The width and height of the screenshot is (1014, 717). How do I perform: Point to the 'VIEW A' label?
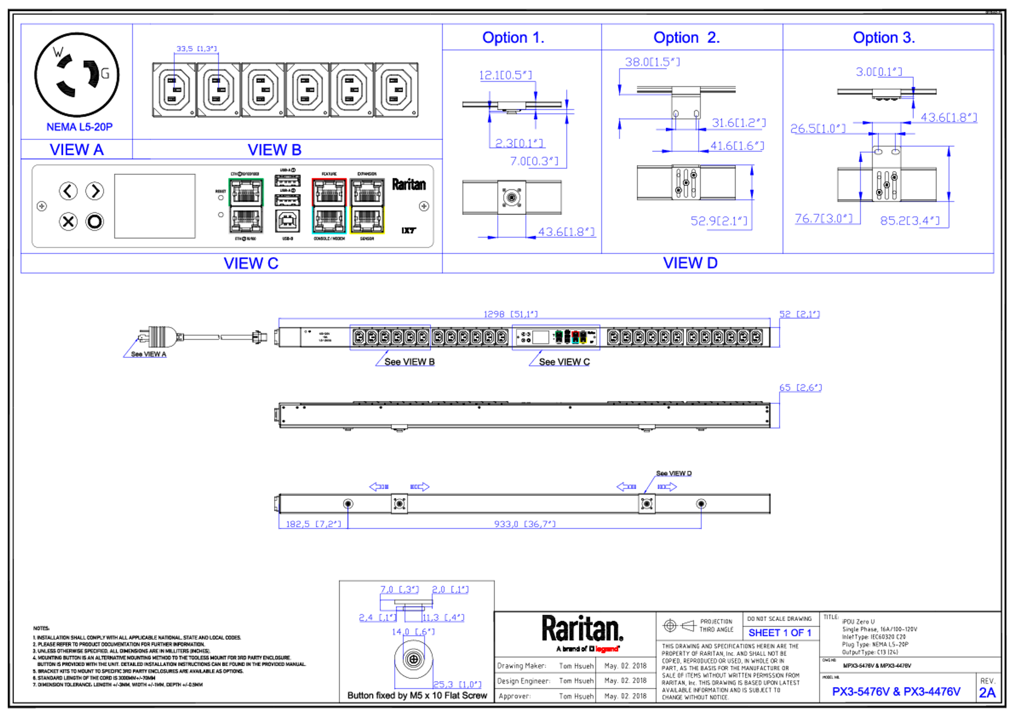point(77,149)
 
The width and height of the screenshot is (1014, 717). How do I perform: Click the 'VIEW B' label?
point(274,150)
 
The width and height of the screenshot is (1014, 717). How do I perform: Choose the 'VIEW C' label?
point(251,263)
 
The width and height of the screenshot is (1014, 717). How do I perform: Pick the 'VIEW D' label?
point(691,263)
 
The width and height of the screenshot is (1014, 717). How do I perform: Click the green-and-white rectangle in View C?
point(246,206)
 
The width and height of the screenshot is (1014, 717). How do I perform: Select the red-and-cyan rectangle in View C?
point(329,206)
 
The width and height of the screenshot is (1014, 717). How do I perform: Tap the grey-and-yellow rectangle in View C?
point(367,206)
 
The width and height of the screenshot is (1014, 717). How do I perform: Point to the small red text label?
point(607,649)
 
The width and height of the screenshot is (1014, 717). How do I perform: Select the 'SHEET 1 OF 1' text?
point(780,633)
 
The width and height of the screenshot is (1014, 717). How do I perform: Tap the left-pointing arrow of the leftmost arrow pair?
point(378,487)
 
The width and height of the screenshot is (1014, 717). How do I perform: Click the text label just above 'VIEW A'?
point(79,127)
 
